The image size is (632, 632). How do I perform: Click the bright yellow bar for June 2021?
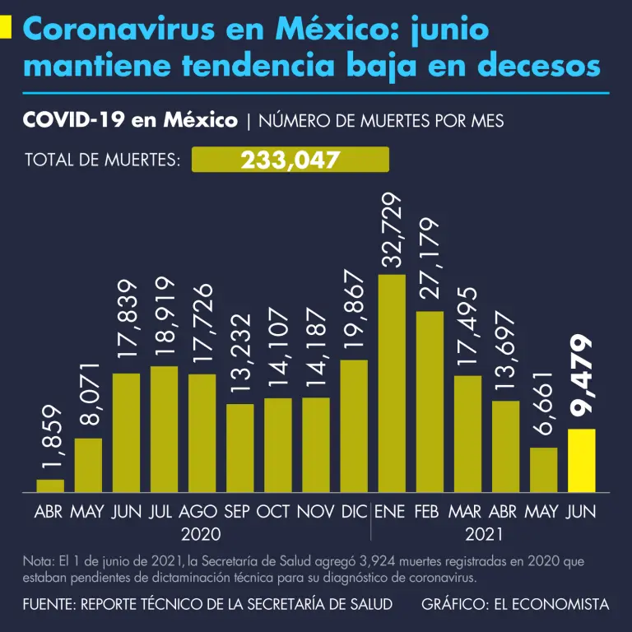coord(581,461)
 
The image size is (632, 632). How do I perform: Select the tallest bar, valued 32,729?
coord(392,383)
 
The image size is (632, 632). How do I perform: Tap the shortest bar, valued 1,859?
coord(50,486)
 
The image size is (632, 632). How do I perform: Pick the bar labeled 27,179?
coord(430,402)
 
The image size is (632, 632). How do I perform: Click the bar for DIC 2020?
coord(354,426)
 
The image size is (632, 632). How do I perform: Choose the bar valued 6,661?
coord(543,470)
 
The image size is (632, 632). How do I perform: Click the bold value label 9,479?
coord(581,378)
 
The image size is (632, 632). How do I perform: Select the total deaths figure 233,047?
coord(290,160)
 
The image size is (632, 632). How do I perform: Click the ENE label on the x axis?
coord(391,512)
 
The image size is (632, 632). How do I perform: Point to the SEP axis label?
coord(238,512)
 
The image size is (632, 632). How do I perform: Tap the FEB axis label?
coord(426,512)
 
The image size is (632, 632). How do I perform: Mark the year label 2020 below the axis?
coord(200,534)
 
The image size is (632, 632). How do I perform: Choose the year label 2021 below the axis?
coord(485,534)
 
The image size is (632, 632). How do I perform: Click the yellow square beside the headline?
coord(6,28)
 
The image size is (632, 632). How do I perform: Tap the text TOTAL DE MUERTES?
coord(103,160)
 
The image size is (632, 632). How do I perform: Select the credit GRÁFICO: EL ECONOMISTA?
coord(515,605)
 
